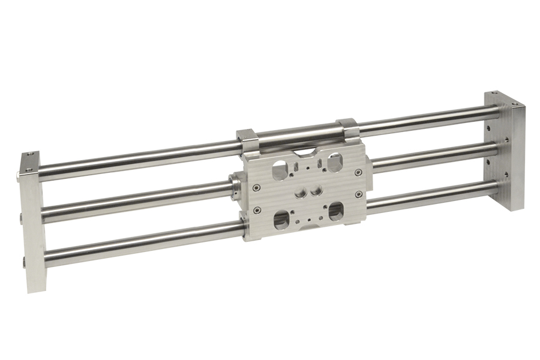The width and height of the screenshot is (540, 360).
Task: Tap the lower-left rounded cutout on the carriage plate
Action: click(x=280, y=220)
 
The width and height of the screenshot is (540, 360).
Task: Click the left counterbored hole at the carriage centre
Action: click(x=298, y=194)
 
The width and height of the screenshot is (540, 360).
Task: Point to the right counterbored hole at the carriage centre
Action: click(x=316, y=191)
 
